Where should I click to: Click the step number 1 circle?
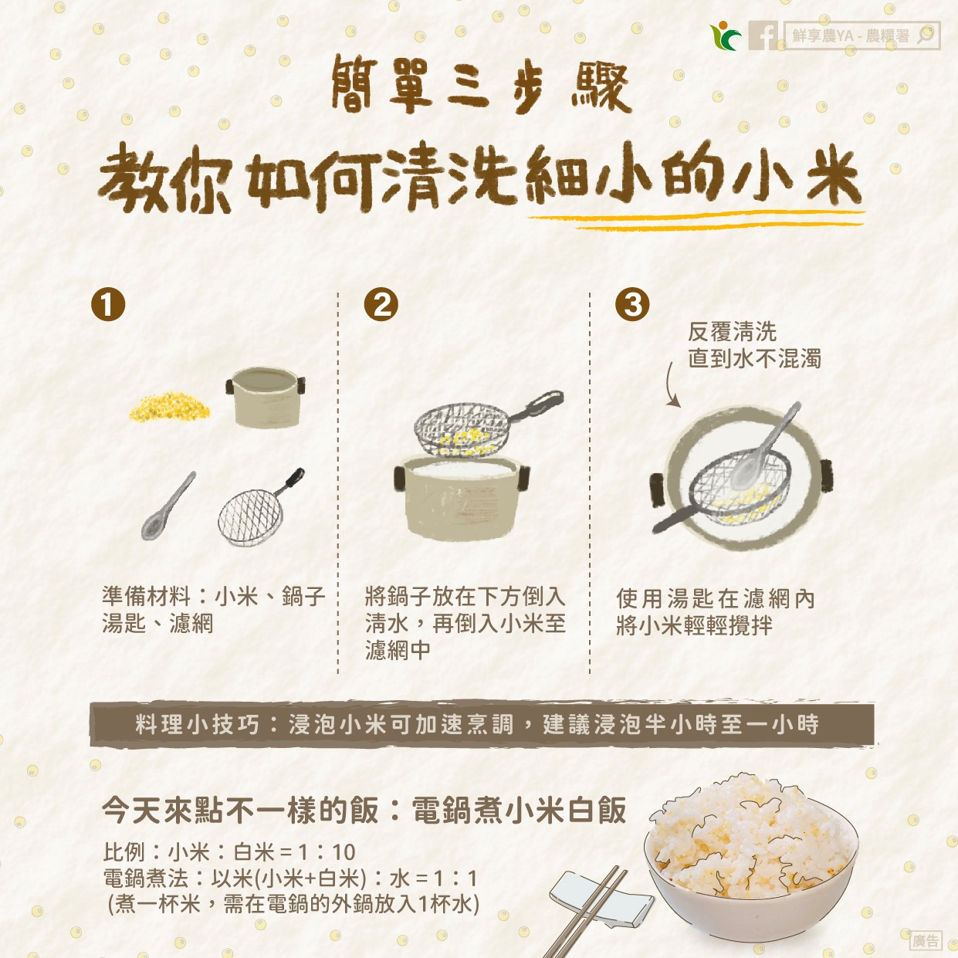point(108,304)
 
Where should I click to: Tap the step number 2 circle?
point(381,304)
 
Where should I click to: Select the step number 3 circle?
point(632,304)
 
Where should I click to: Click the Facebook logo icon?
point(763,36)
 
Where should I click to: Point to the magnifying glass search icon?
point(925,36)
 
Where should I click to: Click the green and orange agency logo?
point(726,36)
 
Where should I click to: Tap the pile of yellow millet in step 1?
point(170,407)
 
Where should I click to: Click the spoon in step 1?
point(168,506)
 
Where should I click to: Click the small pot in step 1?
point(266,398)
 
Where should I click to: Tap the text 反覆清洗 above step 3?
point(732,332)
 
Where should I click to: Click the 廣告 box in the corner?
point(926,940)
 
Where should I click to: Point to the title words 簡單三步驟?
point(481,83)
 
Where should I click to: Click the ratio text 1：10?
point(327,852)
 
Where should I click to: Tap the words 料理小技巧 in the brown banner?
point(198,724)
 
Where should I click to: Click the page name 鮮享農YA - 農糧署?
point(851,36)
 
